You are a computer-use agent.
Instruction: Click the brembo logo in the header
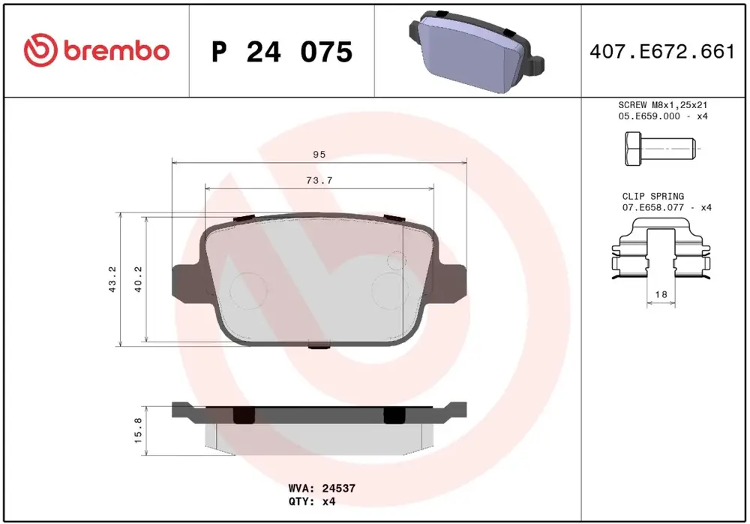pyautogui.click(x=97, y=50)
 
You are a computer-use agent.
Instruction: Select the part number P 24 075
pyautogui.click(x=282, y=52)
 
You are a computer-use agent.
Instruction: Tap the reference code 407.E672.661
pyautogui.click(x=662, y=51)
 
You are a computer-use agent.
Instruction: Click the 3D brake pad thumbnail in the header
pyautogui.click(x=476, y=50)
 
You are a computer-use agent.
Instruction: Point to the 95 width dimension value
pyautogui.click(x=319, y=154)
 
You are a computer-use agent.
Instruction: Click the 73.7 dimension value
pyautogui.click(x=319, y=180)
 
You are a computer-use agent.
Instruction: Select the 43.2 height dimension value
pyautogui.click(x=112, y=279)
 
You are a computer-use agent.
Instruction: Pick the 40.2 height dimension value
pyautogui.click(x=138, y=279)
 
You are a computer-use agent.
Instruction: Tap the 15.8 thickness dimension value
pyautogui.click(x=138, y=429)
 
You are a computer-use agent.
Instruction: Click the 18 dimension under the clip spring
pyautogui.click(x=661, y=294)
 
